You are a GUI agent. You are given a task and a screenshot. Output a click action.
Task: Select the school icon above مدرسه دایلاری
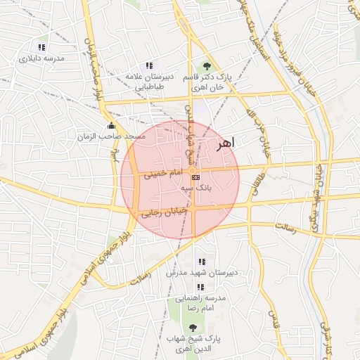point(41,47)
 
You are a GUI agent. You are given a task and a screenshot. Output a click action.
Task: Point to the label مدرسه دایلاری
point(41,58)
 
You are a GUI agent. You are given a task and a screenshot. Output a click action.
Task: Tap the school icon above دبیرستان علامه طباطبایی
point(148,65)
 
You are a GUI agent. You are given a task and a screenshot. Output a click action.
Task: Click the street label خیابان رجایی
point(162,212)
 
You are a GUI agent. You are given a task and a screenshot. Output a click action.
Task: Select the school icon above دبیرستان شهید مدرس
point(202,262)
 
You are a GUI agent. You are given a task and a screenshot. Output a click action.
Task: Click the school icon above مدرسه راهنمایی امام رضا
point(200,287)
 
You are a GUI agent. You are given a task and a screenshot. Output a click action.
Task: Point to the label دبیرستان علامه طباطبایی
point(146,81)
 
